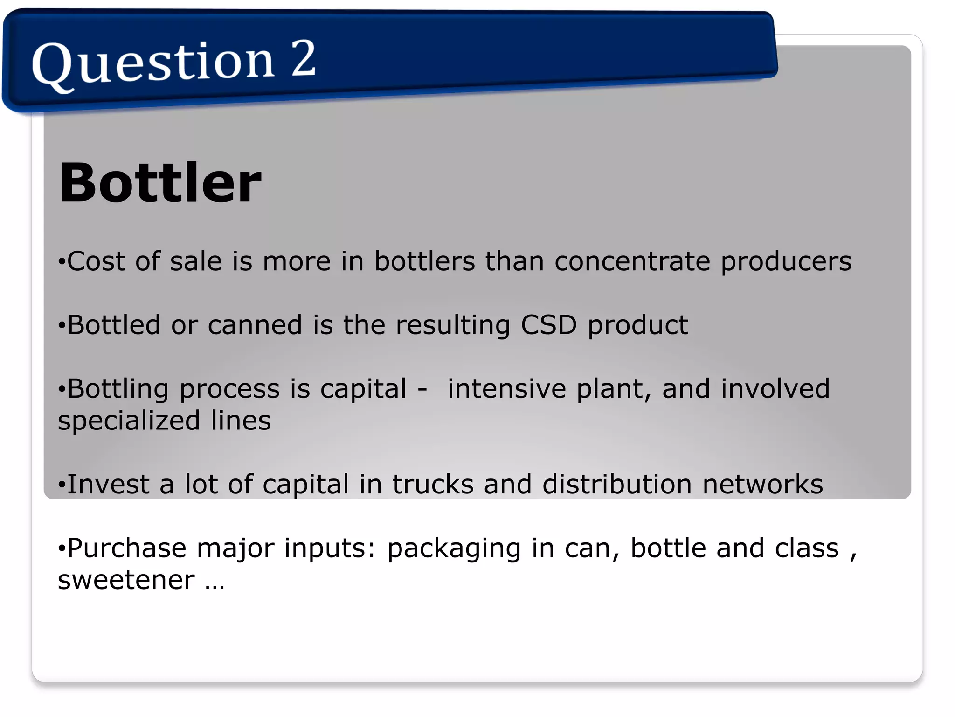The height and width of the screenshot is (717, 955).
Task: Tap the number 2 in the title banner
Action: (304, 58)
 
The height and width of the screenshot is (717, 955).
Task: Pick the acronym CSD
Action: (548, 325)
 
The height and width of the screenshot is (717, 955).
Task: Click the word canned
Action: (255, 325)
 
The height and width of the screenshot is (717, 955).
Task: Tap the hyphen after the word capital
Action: (422, 389)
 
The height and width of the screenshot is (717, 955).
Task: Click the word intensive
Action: (506, 388)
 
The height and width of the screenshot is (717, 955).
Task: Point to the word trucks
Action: (433, 484)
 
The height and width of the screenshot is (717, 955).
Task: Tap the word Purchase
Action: (126, 548)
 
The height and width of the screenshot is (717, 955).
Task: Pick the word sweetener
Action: (126, 580)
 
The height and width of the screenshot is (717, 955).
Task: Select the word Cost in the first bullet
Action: (96, 261)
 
